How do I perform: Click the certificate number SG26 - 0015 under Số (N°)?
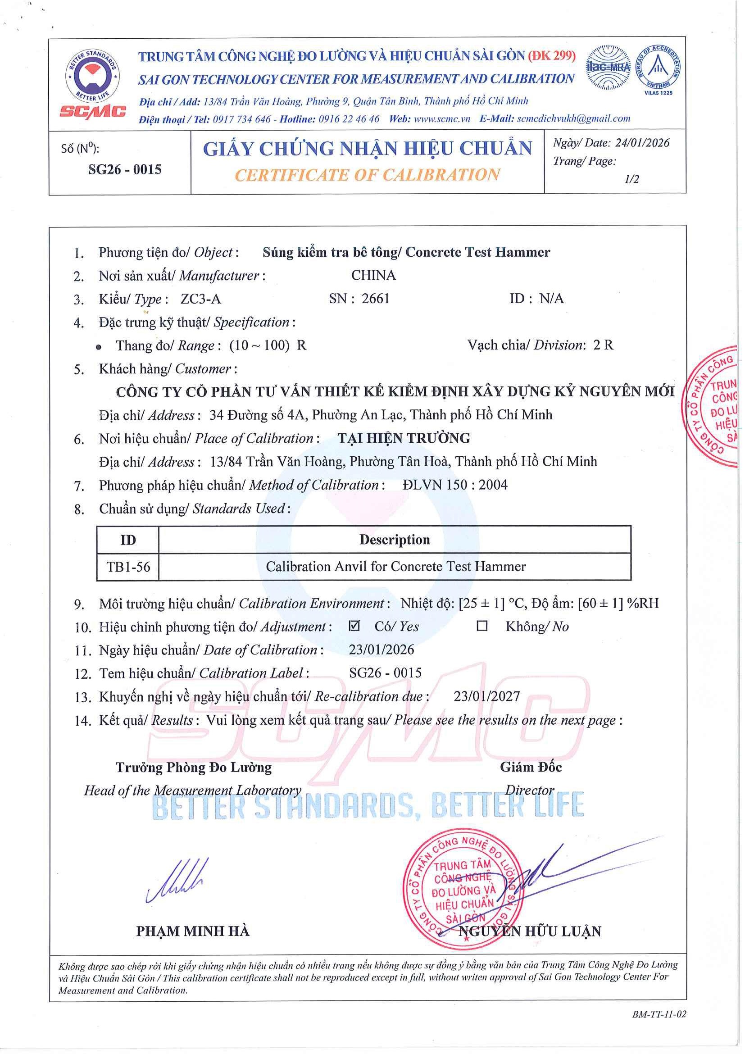[x=125, y=170]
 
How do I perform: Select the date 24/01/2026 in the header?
[x=642, y=143]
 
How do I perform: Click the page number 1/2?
[x=631, y=179]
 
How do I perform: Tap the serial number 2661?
[x=376, y=299]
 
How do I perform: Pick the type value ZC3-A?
[x=200, y=299]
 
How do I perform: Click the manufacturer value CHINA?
[x=373, y=275]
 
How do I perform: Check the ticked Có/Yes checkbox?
[x=354, y=626]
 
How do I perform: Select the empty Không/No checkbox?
[x=482, y=626]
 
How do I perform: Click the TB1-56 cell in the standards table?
[x=128, y=567]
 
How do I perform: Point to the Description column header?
[x=394, y=540]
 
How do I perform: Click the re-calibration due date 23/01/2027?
[x=486, y=696]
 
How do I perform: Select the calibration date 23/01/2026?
[x=382, y=650]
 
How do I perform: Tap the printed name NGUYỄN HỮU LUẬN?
[x=530, y=931]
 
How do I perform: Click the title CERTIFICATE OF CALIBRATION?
[x=367, y=175]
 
